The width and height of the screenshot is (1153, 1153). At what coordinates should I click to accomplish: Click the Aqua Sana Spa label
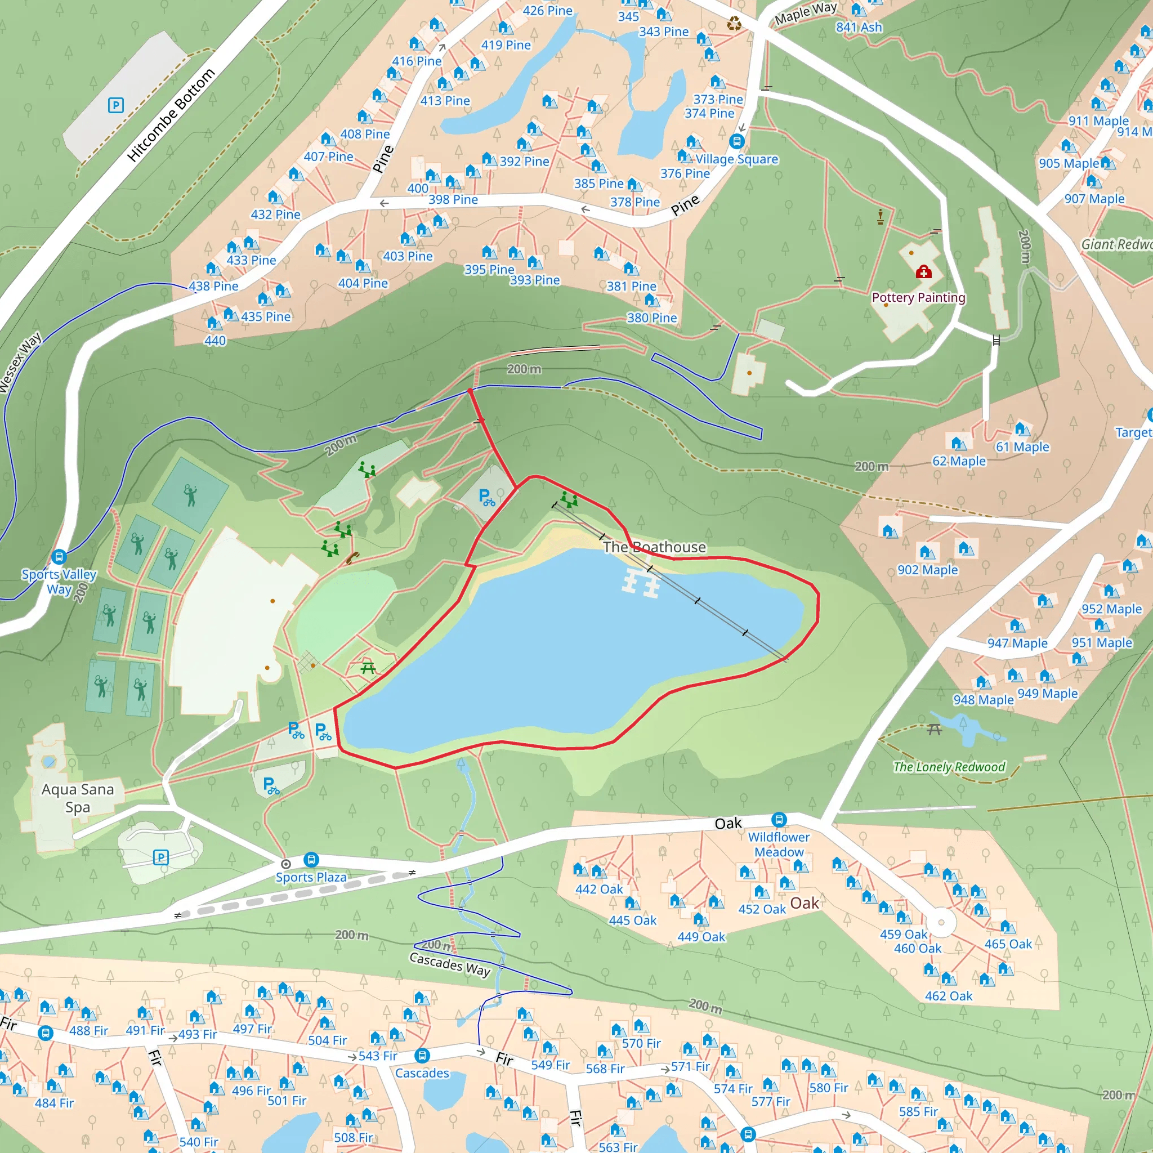pyautogui.click(x=78, y=798)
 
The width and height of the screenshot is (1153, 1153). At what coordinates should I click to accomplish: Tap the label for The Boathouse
pyautogui.click(x=654, y=547)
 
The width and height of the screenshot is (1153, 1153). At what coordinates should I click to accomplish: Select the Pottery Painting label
pyautogui.click(x=918, y=297)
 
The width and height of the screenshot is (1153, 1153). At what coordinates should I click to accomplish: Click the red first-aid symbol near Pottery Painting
pyautogui.click(x=923, y=272)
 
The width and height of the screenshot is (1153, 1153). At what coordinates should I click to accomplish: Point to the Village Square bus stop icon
pyautogui.click(x=736, y=142)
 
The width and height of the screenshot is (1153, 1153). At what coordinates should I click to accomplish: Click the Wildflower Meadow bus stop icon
pyautogui.click(x=779, y=819)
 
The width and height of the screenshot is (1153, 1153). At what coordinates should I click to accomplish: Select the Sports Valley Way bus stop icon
pyautogui.click(x=59, y=557)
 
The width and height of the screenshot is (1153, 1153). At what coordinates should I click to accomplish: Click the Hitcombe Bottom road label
pyautogui.click(x=171, y=115)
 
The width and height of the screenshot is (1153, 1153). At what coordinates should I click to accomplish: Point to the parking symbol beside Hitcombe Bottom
pyautogui.click(x=116, y=106)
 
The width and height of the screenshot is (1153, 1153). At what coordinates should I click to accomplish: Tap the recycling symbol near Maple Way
pyautogui.click(x=734, y=24)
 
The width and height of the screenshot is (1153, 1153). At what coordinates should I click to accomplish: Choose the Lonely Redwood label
pyautogui.click(x=949, y=767)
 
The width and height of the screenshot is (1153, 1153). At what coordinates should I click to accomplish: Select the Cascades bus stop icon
pyautogui.click(x=422, y=1056)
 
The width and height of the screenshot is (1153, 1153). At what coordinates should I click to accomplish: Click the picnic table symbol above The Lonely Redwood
pyautogui.click(x=934, y=729)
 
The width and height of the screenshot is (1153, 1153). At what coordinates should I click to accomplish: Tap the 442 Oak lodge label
pyautogui.click(x=598, y=889)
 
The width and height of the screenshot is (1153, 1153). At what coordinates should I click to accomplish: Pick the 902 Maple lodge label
pyautogui.click(x=927, y=570)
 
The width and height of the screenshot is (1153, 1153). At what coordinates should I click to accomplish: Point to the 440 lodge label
pyautogui.click(x=215, y=341)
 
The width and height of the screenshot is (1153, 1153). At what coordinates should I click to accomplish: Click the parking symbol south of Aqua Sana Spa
pyautogui.click(x=160, y=857)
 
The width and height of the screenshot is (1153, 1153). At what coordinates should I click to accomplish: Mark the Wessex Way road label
pyautogui.click(x=21, y=363)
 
